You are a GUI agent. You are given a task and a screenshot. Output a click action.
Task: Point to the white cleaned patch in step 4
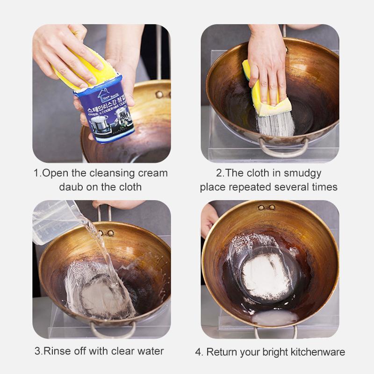pos(261,271)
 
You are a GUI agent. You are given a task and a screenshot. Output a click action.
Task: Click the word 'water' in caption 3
pos(151,351)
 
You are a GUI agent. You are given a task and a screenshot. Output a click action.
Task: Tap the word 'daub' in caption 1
pos(70,187)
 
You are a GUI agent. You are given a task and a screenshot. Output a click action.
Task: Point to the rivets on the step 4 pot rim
pos(267,207)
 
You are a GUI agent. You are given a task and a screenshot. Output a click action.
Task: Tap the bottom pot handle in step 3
pos(113,331)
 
